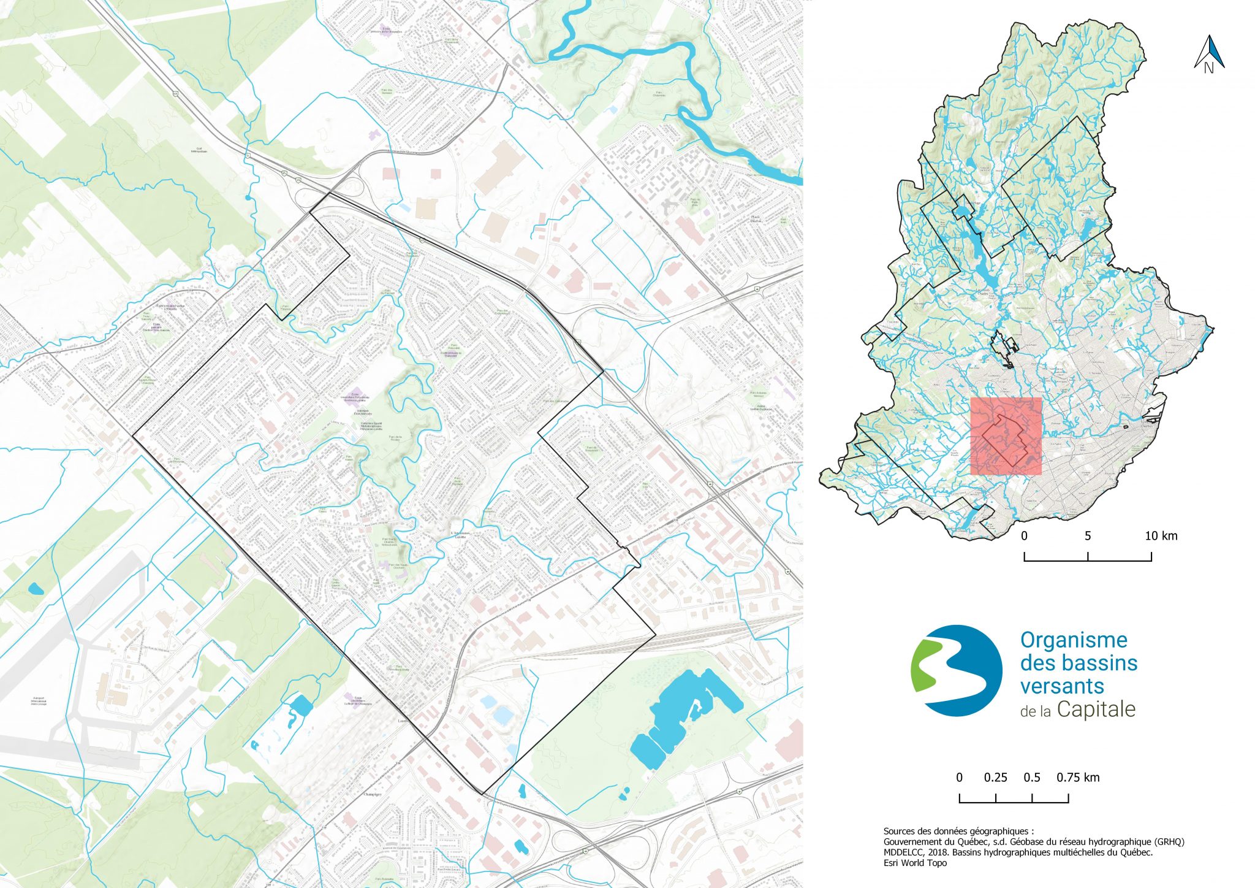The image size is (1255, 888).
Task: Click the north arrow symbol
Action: [1209, 53]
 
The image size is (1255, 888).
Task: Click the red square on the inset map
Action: [1006, 436]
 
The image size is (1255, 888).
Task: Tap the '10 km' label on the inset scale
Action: [1161, 536]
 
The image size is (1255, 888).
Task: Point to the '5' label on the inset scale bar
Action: [1088, 536]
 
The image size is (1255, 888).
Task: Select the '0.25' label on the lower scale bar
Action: [995, 778]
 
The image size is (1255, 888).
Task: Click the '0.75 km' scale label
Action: [1078, 778]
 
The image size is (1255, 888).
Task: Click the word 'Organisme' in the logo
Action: [1074, 640]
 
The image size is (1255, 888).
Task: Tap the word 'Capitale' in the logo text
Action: [1096, 710]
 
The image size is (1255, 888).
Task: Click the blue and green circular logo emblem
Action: [957, 671]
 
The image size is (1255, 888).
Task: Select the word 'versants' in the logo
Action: [1062, 686]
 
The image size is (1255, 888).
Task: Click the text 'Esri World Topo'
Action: [915, 863]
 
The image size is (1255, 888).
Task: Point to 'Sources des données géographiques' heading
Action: [958, 832]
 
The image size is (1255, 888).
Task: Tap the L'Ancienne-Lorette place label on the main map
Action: [460, 534]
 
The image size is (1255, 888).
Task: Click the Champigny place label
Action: [373, 794]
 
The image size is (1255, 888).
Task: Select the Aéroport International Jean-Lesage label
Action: [39, 700]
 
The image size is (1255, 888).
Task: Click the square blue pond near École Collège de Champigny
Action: [301, 705]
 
